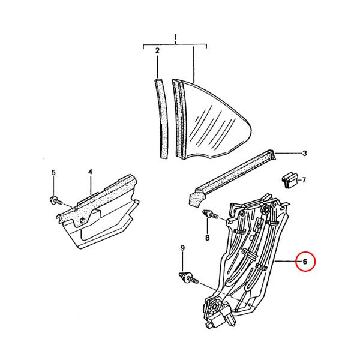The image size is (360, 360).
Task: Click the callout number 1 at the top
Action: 176,37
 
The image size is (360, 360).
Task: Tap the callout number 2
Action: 157,50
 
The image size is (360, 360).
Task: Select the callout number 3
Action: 304,153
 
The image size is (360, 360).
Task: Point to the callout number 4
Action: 90,172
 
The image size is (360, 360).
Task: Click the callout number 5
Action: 53,173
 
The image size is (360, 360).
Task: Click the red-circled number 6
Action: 305,262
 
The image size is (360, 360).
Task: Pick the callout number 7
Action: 304,180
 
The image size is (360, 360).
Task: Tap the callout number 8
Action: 208,238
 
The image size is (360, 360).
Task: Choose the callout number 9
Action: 182,248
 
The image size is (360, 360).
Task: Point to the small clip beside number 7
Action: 290,179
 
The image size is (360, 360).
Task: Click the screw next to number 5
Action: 56,200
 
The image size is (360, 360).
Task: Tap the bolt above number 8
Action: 210,214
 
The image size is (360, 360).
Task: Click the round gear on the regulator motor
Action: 214,306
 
